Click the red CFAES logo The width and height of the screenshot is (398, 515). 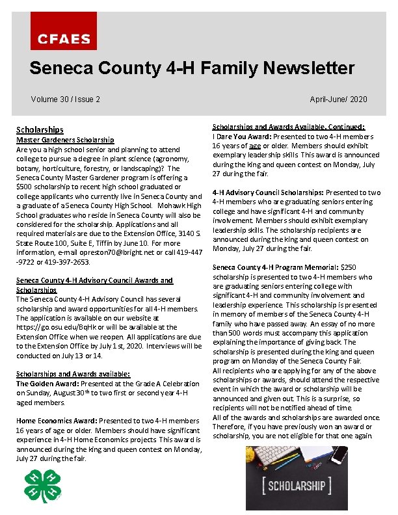point(64,31)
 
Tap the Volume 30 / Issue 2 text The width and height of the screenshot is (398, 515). point(65,99)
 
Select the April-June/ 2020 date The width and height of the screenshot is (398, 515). point(338,99)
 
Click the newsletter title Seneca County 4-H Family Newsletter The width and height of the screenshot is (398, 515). point(192,68)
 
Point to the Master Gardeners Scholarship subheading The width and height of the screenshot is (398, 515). point(65,140)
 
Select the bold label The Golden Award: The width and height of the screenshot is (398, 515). point(46,384)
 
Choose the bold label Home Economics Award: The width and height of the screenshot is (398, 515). point(56,421)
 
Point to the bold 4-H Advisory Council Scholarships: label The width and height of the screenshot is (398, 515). point(268,192)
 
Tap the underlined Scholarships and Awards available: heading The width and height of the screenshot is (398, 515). point(73,374)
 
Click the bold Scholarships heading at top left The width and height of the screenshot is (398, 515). point(40,130)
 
